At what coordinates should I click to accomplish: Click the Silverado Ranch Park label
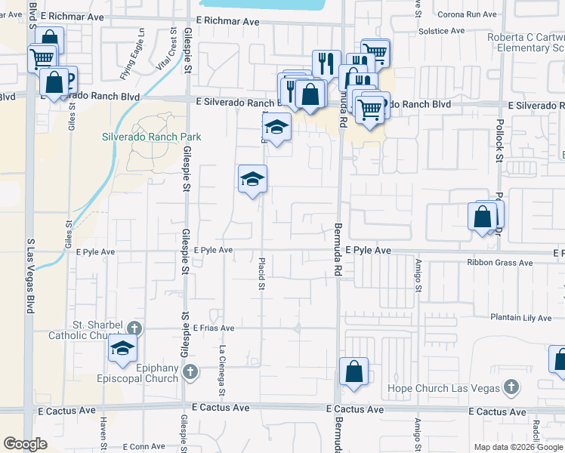(152, 137)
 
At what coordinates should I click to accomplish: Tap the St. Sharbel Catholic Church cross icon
(134, 328)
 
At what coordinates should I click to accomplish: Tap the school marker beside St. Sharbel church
(120, 347)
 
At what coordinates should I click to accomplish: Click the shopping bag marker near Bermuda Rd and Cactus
(354, 371)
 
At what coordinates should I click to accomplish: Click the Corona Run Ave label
(467, 14)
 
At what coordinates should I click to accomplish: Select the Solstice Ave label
(441, 31)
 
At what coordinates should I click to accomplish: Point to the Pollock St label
(499, 145)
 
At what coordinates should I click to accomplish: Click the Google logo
(25, 444)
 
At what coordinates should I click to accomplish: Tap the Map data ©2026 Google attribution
(517, 447)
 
